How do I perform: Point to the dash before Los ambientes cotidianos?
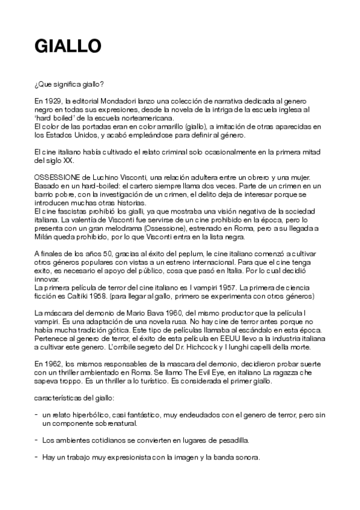pos(37,440)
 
